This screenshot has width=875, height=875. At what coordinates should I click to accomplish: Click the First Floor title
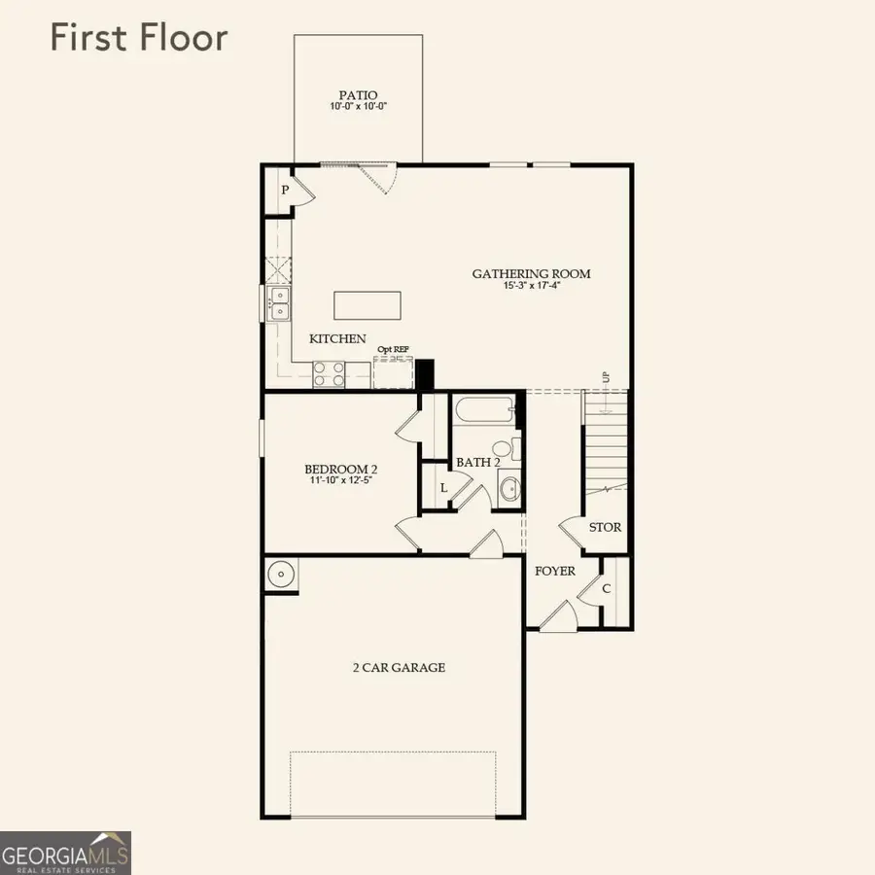pyautogui.click(x=139, y=38)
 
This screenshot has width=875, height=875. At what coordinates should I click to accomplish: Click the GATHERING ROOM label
pyautogui.click(x=531, y=273)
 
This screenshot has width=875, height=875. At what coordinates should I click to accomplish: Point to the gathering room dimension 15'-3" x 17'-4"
pyautogui.click(x=531, y=286)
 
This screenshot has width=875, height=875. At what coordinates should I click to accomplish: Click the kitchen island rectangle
pyautogui.click(x=367, y=305)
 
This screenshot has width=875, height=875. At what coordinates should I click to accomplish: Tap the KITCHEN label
pyautogui.click(x=337, y=339)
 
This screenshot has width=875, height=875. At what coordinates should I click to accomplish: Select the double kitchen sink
pyautogui.click(x=278, y=303)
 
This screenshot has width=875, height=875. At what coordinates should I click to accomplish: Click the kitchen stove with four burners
pyautogui.click(x=329, y=374)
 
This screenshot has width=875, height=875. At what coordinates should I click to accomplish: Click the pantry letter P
pyautogui.click(x=285, y=190)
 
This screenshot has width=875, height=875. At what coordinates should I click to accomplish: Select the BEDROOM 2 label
pyautogui.click(x=340, y=468)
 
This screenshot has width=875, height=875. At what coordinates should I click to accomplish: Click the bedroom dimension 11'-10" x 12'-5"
pyautogui.click(x=340, y=479)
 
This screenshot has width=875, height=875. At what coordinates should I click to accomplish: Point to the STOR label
pyautogui.click(x=605, y=528)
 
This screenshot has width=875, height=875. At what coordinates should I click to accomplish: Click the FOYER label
pyautogui.click(x=555, y=571)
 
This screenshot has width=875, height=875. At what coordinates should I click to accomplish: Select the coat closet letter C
pyautogui.click(x=606, y=588)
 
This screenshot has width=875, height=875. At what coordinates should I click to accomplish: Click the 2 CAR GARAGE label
pyautogui.click(x=399, y=667)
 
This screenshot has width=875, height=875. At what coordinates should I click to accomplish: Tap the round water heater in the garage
pyautogui.click(x=280, y=575)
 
